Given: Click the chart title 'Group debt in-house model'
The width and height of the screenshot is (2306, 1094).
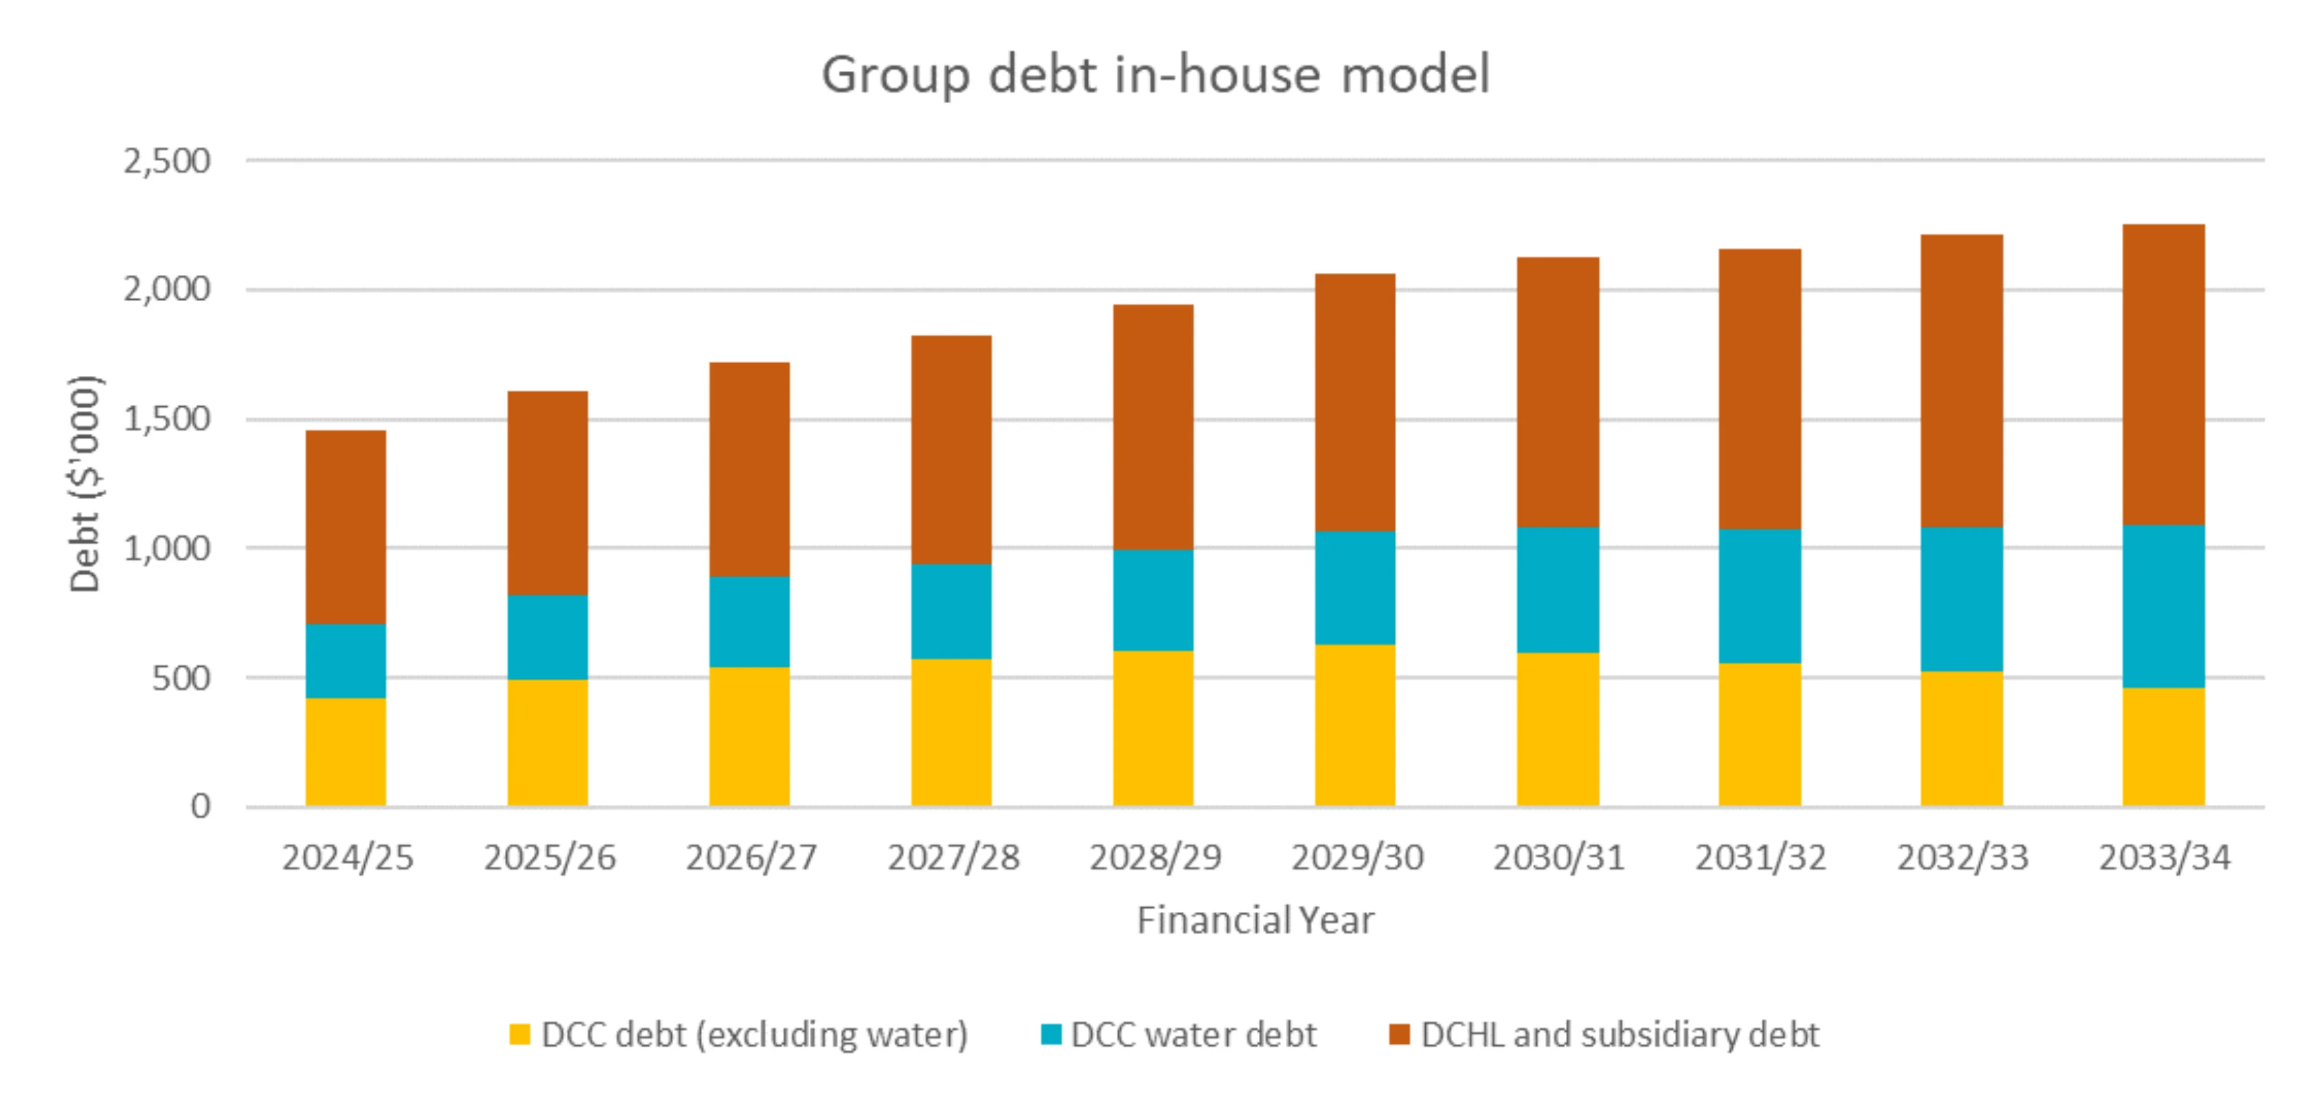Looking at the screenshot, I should (x=1155, y=74).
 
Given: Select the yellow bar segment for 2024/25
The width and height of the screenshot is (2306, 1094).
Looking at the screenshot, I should (x=346, y=752).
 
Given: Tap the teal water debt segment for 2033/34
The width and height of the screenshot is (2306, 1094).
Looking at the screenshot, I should (x=2163, y=606).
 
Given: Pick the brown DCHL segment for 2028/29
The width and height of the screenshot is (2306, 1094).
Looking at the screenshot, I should (x=1153, y=427).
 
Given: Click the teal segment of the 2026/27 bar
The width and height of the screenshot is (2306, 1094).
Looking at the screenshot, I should (x=749, y=621).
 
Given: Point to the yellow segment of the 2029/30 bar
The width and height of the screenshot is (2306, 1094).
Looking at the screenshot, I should (x=1354, y=725).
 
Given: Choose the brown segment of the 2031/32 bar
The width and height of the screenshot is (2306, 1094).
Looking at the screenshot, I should (x=1759, y=389).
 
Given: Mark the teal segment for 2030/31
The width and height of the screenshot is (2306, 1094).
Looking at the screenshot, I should (x=1558, y=589).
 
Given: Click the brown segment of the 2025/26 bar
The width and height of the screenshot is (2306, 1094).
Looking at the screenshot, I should (x=547, y=493).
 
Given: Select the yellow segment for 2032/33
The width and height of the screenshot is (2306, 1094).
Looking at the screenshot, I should (x=1962, y=738).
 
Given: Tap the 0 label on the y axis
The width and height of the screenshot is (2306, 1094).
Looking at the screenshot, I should (x=200, y=807).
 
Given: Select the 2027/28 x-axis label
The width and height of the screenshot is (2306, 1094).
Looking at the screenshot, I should (x=953, y=858).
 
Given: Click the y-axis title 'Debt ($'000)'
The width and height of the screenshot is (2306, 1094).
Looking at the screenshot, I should (x=85, y=483).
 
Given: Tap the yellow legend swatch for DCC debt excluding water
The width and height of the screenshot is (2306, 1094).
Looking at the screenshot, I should (x=519, y=1034).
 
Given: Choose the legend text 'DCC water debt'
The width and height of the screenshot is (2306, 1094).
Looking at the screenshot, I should (x=1192, y=1035).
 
